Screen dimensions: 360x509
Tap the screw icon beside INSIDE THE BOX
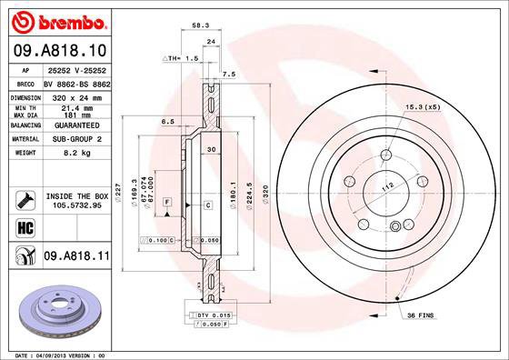click(x=24, y=198)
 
